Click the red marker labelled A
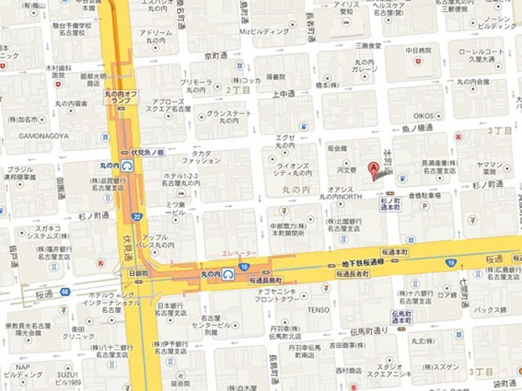click(373, 167)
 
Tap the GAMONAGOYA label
click(40, 135)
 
